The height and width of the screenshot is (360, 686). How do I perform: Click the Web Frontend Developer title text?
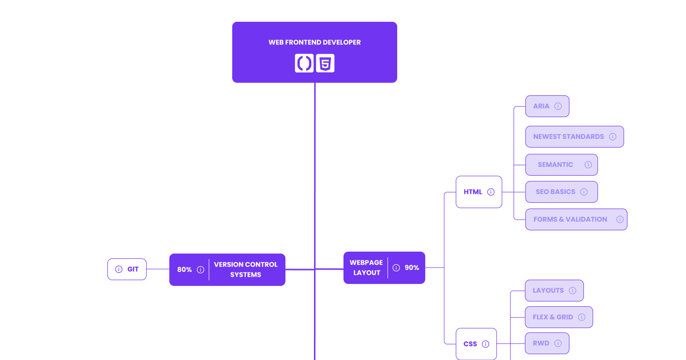pos(314,42)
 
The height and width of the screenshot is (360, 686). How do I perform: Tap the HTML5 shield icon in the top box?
pos(325,63)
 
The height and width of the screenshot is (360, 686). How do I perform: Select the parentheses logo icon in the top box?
pos(304,63)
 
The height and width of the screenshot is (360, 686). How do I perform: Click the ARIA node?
pos(547,106)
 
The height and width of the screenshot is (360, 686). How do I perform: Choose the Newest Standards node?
pos(574,136)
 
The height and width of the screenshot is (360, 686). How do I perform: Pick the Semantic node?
pos(561,165)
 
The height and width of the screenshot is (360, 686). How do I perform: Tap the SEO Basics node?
pos(561,192)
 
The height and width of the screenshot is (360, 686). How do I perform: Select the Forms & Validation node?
pos(576,219)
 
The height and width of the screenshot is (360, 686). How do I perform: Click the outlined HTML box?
pos(479,192)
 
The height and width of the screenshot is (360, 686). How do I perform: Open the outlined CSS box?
pos(476,344)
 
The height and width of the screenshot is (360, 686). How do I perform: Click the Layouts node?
pos(554,290)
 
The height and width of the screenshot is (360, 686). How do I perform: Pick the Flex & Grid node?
pos(558,317)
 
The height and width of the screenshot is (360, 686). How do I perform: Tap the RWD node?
pos(547,343)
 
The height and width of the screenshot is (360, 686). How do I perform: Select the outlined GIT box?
pos(127,269)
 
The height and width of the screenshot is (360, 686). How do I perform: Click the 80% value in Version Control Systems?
pos(184,270)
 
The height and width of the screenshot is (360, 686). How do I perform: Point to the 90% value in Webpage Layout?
pos(412,268)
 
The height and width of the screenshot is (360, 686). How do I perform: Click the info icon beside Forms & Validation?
pos(620,219)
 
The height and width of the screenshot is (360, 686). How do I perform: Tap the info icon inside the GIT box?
pos(119,269)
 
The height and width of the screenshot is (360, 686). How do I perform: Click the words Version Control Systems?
pos(246,270)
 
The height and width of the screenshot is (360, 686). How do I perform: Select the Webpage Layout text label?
pos(366,268)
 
